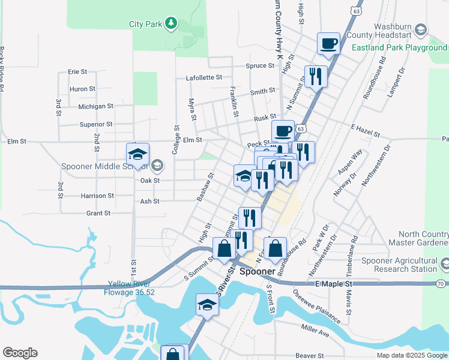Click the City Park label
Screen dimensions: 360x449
point(146,25)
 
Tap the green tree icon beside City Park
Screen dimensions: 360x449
point(172,23)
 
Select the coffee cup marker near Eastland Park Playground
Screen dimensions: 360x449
point(328,43)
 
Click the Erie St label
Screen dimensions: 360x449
point(77,71)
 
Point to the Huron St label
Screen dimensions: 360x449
point(82,89)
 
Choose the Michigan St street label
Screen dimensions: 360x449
point(95,106)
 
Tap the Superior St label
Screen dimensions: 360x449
point(96,124)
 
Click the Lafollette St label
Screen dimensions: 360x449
point(204,77)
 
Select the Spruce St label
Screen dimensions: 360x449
point(259,65)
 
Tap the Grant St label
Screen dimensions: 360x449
point(98,213)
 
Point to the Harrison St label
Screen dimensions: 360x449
point(97,196)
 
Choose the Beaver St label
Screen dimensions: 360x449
point(310,356)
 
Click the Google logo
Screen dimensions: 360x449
point(20,353)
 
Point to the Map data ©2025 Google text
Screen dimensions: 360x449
point(412,355)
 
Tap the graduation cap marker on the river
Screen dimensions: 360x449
point(206,305)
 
